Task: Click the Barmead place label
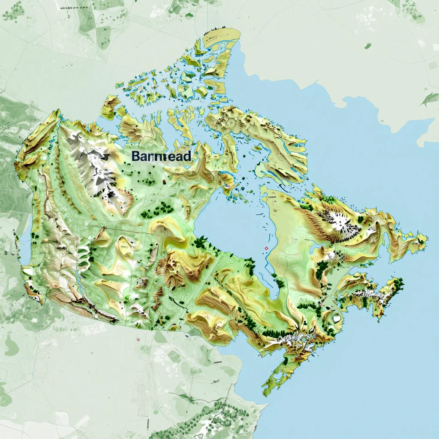tap(161, 156)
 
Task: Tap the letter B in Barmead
tap(135, 156)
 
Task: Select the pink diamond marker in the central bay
tap(266, 248)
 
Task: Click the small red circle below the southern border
tap(138, 339)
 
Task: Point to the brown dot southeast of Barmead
tap(163, 182)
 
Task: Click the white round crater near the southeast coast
tap(337, 319)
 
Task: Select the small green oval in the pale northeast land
tap(367, 45)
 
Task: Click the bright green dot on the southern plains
tap(126, 297)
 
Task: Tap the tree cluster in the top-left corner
tap(13, 11)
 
